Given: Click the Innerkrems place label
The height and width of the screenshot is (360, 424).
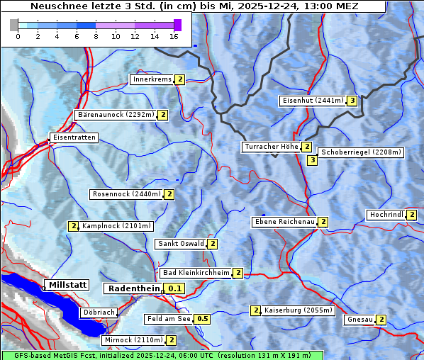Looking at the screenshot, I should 152,79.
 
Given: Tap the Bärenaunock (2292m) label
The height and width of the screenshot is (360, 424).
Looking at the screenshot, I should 115,114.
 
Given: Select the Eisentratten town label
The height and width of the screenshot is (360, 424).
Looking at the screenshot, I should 74,137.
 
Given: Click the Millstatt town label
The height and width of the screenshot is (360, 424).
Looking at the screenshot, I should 67,285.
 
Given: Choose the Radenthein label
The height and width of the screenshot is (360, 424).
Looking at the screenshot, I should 135,288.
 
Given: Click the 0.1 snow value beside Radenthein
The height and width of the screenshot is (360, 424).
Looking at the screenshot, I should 175,288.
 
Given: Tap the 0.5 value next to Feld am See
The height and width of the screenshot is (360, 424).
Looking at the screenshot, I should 203,319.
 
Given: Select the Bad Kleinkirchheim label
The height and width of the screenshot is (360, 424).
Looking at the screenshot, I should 196,273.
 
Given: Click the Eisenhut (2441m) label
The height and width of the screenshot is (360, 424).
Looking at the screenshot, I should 312,101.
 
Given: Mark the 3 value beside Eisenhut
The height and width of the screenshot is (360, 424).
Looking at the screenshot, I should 352,101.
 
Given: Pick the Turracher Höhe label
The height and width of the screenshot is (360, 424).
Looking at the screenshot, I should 271,147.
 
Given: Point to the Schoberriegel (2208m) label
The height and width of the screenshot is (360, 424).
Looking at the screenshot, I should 361,152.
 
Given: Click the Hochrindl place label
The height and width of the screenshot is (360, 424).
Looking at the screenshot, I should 386,215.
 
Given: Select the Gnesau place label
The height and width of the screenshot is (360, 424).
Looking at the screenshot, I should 359,320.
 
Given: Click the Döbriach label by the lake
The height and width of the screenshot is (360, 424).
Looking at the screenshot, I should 99,312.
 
